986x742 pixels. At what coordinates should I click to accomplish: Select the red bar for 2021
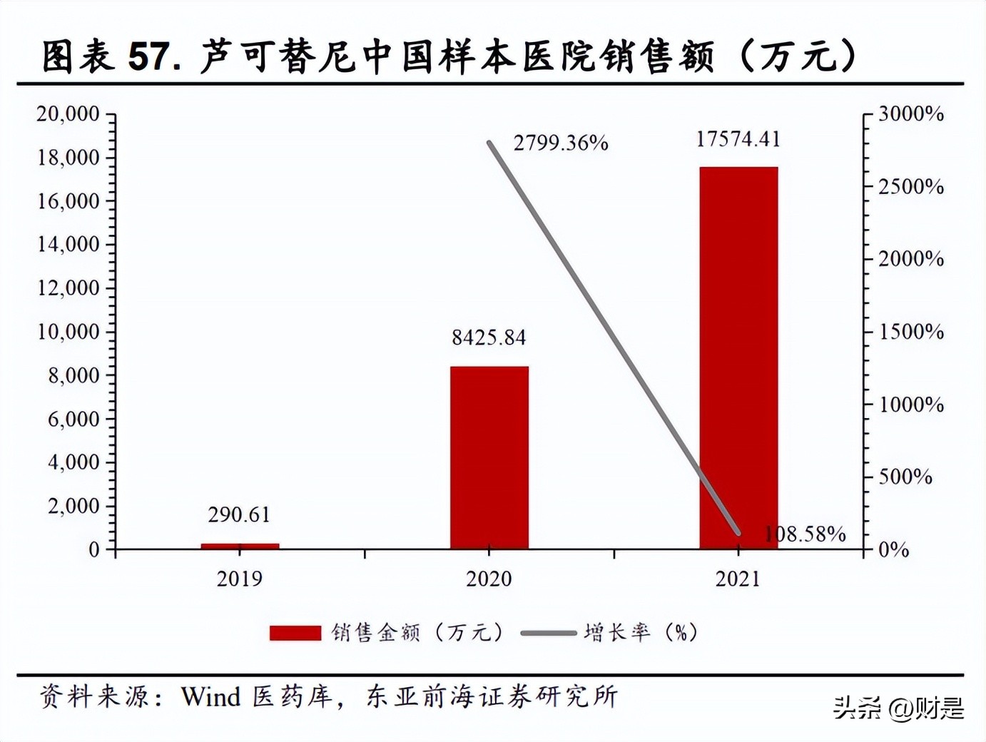(738, 357)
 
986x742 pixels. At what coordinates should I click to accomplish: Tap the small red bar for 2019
(240, 546)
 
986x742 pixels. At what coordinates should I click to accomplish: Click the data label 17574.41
(738, 139)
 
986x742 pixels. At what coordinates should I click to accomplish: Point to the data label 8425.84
(489, 337)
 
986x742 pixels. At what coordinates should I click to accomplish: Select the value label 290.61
(240, 514)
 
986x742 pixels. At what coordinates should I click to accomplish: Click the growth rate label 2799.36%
(561, 143)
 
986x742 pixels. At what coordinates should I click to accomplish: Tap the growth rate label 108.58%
(805, 534)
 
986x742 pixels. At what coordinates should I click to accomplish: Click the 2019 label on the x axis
(240, 579)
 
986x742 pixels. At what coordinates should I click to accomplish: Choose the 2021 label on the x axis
(738, 579)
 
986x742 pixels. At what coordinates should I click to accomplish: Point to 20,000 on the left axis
(68, 113)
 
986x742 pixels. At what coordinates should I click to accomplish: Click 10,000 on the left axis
(68, 332)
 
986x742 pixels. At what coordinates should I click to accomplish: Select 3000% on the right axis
(911, 114)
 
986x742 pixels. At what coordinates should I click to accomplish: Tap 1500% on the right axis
(911, 332)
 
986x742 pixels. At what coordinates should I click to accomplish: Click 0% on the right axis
(893, 550)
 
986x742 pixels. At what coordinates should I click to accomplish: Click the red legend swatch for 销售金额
(295, 633)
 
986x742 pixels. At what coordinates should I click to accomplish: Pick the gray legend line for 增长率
(548, 633)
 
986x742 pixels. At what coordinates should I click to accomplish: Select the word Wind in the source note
(210, 696)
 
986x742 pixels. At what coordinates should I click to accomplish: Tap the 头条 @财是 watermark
(898, 708)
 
